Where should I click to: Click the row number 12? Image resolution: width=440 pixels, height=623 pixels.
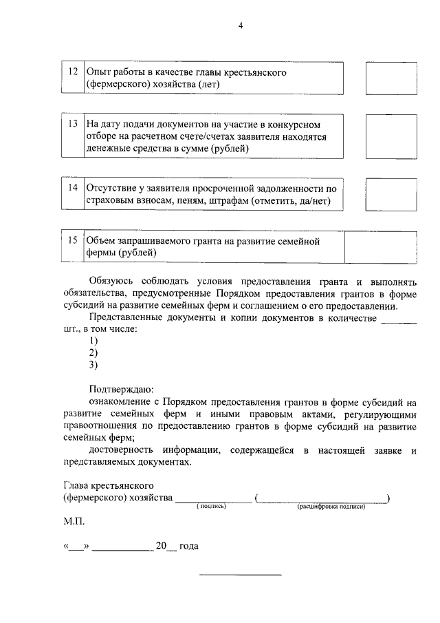tap(73, 72)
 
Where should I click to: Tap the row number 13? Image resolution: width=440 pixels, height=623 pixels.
tap(73, 125)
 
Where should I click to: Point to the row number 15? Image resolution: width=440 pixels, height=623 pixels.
tap(73, 241)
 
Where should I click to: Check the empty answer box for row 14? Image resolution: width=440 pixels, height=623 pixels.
tap(386, 194)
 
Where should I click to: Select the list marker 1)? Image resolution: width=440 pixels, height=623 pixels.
tap(94, 341)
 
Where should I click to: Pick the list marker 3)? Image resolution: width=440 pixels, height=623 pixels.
tap(94, 364)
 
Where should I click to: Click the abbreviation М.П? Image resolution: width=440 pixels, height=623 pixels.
tap(73, 522)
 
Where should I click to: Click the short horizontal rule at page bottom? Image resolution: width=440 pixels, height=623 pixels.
tap(241, 574)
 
